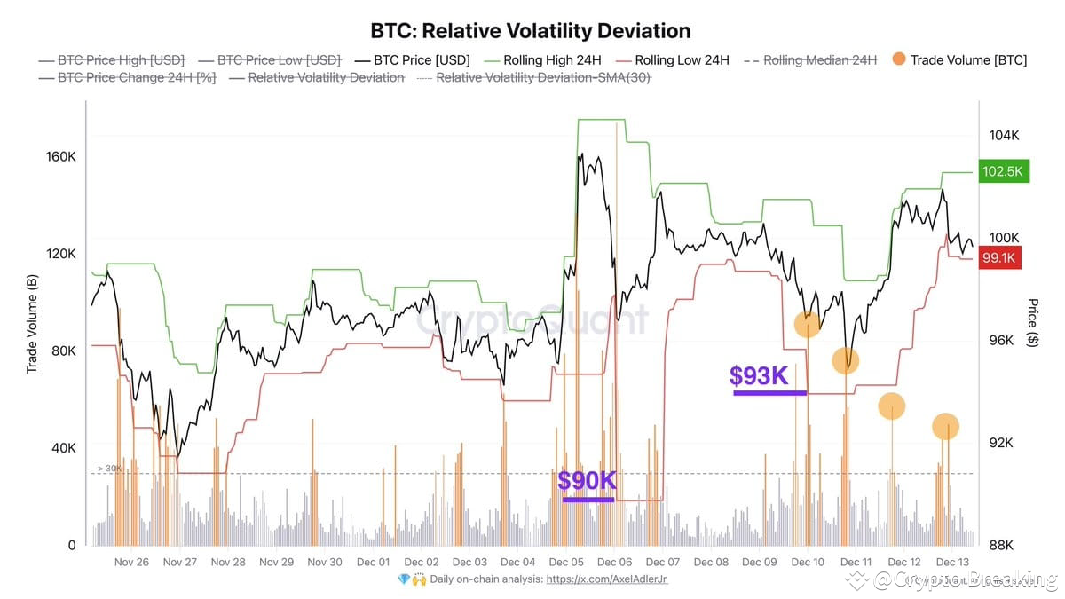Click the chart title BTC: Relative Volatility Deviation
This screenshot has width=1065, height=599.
[530, 31]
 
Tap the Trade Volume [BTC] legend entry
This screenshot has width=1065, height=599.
[967, 60]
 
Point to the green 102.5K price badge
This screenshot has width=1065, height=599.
[1003, 171]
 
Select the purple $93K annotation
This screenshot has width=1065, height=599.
[759, 377]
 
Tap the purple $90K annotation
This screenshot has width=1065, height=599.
[587, 481]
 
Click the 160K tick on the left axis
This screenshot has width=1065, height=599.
[61, 156]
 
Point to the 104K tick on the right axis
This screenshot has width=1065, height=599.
[1005, 135]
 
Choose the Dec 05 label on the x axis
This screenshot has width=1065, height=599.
[566, 562]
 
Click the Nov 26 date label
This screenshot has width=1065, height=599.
[131, 562]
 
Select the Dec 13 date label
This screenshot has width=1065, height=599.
[952, 562]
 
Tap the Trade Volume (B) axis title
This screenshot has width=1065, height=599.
[33, 323]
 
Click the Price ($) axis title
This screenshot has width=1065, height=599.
[1033, 321]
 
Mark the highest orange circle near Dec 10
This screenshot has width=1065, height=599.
[807, 325]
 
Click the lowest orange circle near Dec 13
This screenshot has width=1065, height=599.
[946, 427]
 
